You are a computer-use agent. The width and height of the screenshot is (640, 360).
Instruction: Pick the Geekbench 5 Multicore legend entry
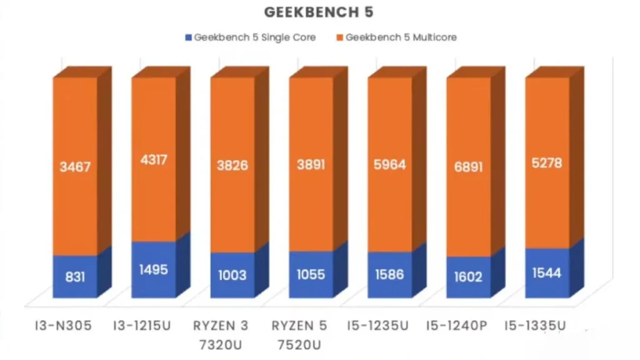click(400, 37)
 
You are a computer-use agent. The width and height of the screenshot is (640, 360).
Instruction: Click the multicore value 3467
click(74, 167)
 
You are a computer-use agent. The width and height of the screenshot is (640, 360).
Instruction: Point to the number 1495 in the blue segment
click(153, 269)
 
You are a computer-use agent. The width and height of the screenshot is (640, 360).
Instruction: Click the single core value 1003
click(232, 275)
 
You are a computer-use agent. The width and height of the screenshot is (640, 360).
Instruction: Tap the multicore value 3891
click(311, 167)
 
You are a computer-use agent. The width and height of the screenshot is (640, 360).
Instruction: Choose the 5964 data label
click(389, 166)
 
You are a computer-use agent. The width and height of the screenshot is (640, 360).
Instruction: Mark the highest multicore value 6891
click(468, 167)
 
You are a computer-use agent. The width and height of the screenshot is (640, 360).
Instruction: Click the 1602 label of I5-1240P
click(468, 276)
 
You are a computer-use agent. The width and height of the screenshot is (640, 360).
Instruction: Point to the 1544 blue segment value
click(547, 272)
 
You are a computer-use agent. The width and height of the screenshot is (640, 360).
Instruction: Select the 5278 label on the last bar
click(547, 163)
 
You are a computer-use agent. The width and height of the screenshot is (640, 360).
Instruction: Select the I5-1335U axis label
click(536, 326)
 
